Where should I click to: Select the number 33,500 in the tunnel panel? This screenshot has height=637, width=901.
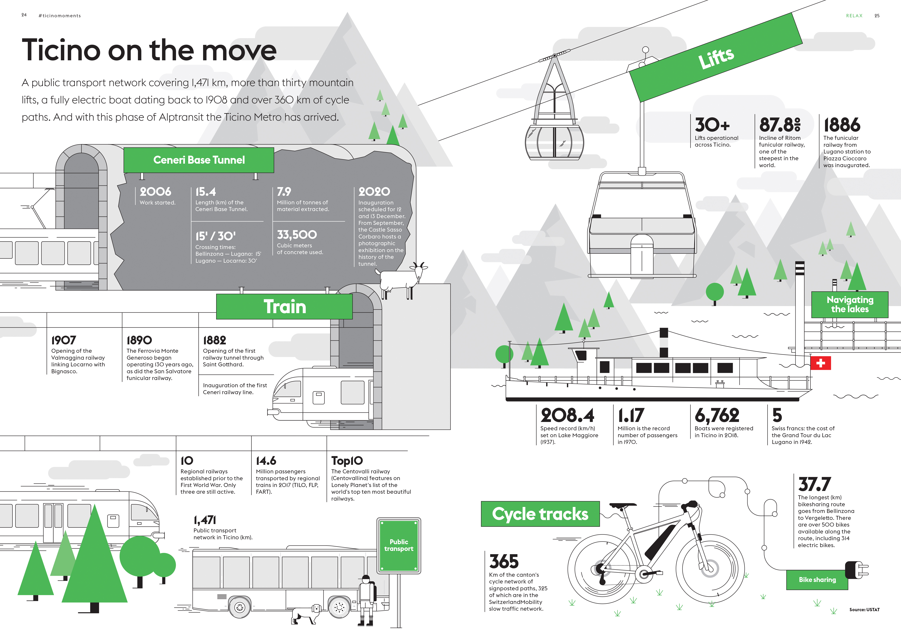297,235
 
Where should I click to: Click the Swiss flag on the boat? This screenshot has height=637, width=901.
821,363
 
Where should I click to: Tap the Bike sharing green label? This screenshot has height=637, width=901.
817,580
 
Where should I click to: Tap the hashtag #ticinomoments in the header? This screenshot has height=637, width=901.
60,16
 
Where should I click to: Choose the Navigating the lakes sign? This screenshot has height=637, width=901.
850,305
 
